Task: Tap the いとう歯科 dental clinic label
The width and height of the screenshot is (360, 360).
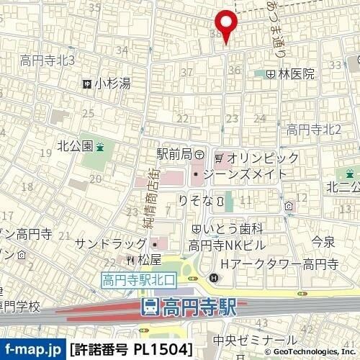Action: pyautogui.click(x=228, y=229)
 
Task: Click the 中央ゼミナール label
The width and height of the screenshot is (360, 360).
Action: pyautogui.click(x=256, y=340)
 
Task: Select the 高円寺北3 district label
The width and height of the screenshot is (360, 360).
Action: pyautogui.click(x=48, y=60)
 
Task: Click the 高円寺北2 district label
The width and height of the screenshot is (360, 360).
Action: pyautogui.click(x=313, y=130)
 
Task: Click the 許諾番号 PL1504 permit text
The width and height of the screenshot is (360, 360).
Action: pyautogui.click(x=132, y=350)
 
